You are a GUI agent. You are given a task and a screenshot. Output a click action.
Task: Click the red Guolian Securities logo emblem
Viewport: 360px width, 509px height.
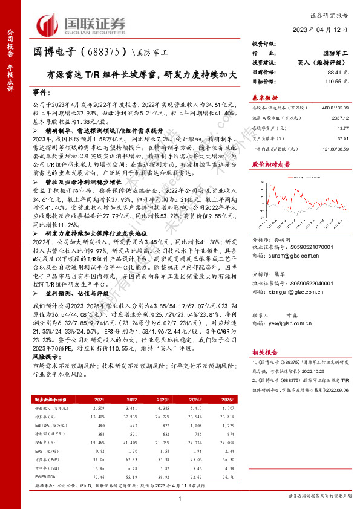(x=48, y=24)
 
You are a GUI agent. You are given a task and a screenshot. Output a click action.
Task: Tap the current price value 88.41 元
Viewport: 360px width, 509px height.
(x=338, y=71)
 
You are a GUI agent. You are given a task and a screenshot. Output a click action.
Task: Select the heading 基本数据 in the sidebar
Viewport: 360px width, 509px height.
(x=264, y=97)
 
